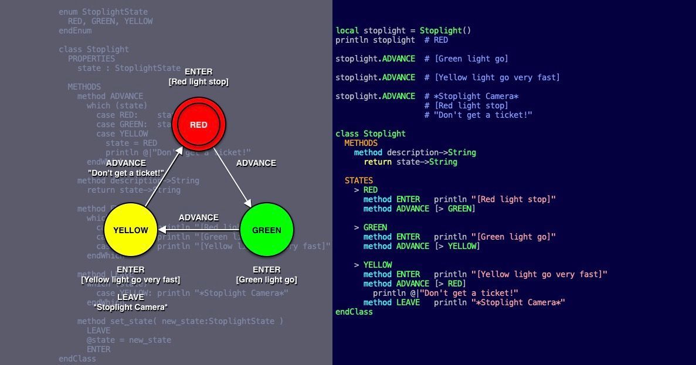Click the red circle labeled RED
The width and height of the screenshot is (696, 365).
(x=199, y=124)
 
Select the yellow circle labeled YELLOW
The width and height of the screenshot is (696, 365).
(x=130, y=230)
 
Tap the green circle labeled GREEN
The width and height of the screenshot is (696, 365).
(x=266, y=230)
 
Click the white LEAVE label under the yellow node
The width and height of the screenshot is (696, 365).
(x=130, y=297)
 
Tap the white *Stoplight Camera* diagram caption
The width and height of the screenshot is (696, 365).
(x=130, y=307)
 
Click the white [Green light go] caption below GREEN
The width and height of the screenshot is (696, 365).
(x=266, y=279)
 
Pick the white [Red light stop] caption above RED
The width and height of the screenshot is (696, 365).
(x=198, y=82)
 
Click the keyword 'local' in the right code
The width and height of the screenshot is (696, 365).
(x=347, y=30)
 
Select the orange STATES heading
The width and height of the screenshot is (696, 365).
(x=359, y=180)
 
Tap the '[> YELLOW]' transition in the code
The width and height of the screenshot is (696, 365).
(x=457, y=246)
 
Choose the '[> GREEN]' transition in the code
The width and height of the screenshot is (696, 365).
(x=454, y=209)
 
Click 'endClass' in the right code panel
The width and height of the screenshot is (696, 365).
(x=354, y=312)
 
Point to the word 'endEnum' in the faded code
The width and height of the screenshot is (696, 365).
(x=75, y=30)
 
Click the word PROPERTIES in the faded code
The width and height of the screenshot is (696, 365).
(x=91, y=59)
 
